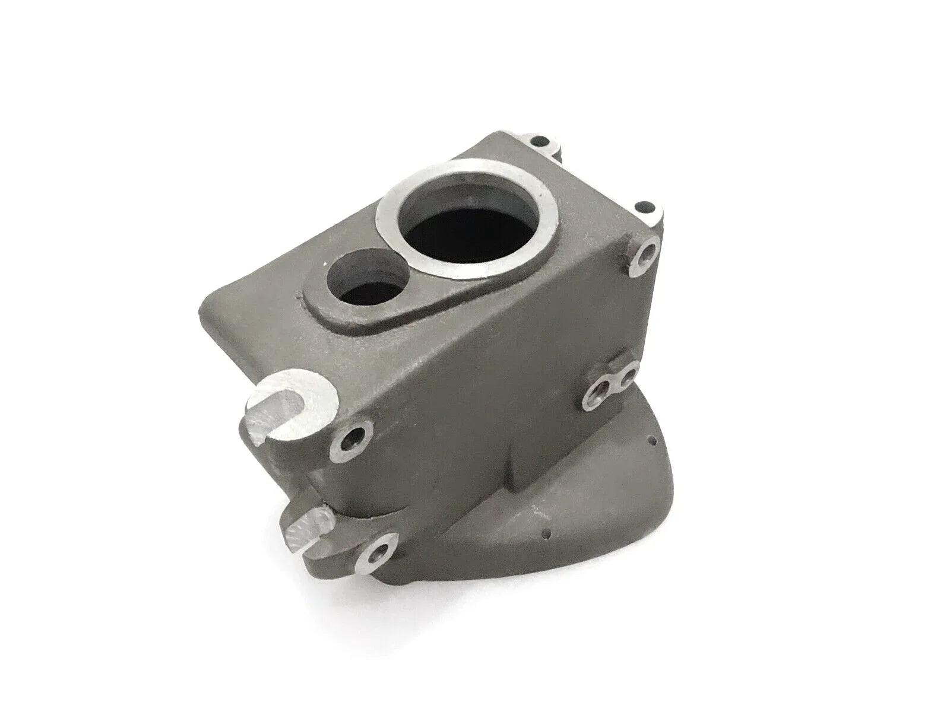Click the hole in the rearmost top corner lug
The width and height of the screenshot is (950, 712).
[540, 142]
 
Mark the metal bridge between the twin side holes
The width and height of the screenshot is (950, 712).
[614, 383]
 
